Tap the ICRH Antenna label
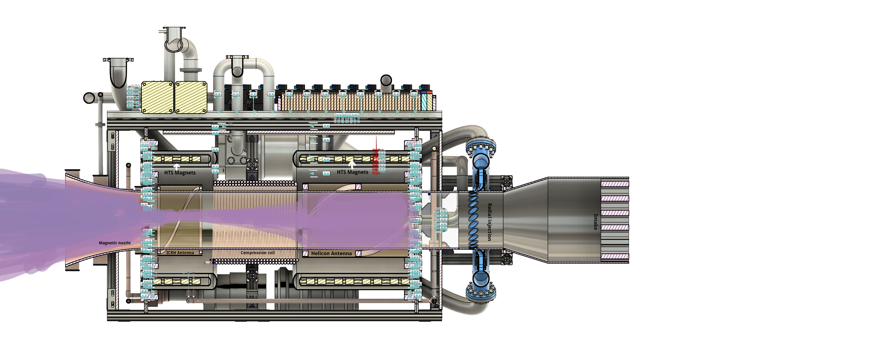pyautogui.click(x=180, y=253)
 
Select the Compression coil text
pyautogui.click(x=257, y=253)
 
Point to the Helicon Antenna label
pyautogui.click(x=331, y=254)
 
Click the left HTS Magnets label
pyautogui.click(x=180, y=173)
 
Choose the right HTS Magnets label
pyautogui.click(x=352, y=172)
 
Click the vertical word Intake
pyautogui.click(x=596, y=222)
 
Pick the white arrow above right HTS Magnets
pyautogui.click(x=352, y=165)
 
